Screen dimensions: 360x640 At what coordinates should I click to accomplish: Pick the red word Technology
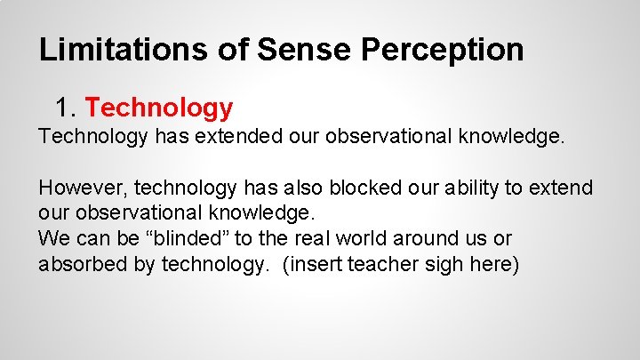(159, 108)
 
